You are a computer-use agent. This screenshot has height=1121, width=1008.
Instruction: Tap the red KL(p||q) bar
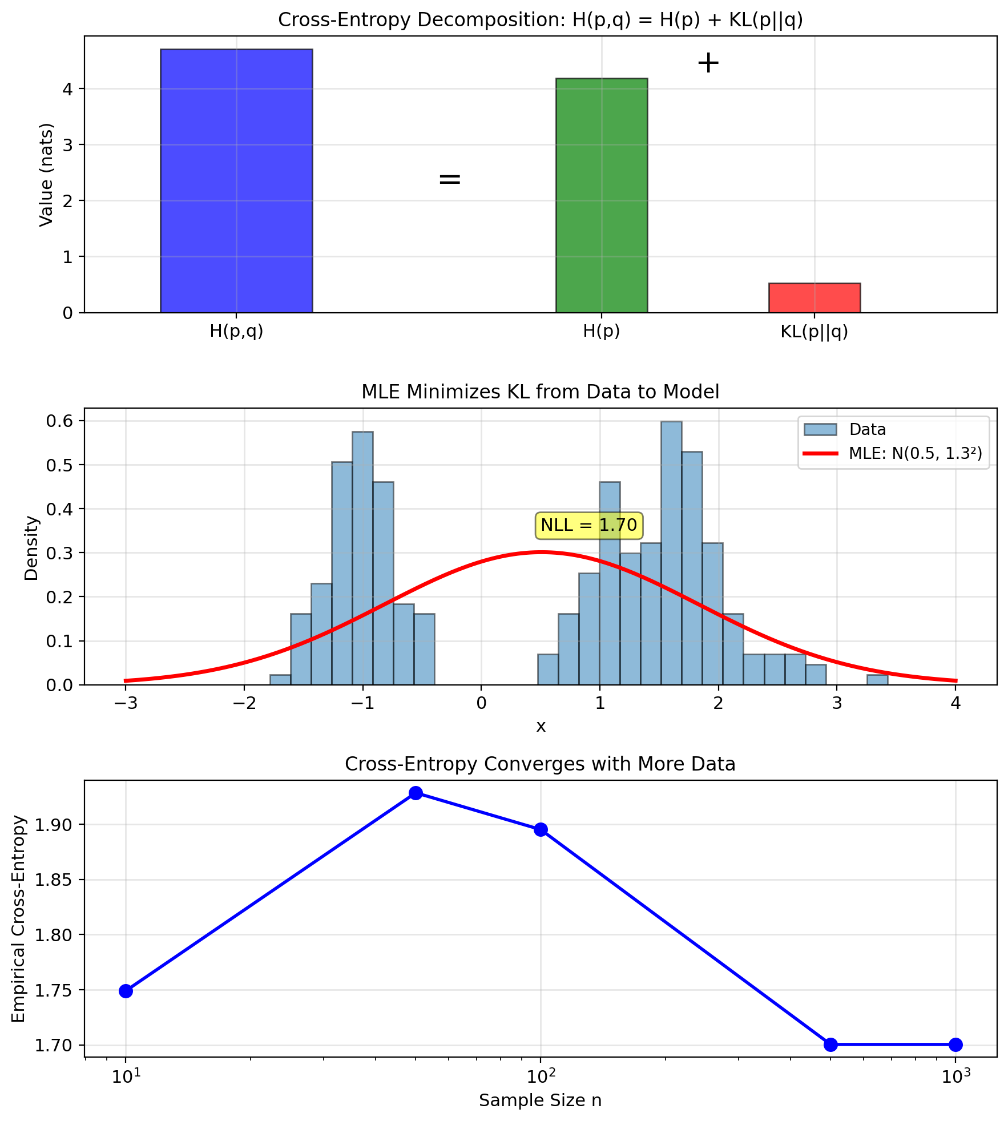click(814, 298)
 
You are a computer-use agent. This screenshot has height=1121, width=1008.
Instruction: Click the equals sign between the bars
click(450, 179)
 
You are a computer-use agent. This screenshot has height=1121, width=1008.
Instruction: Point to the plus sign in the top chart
click(708, 63)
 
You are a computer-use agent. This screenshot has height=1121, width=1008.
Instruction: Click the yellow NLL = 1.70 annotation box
click(589, 525)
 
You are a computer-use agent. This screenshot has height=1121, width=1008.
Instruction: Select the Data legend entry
click(845, 429)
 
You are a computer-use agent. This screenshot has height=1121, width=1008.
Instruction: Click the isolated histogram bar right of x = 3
click(877, 680)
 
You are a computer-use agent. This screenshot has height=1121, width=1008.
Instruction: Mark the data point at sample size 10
click(126, 991)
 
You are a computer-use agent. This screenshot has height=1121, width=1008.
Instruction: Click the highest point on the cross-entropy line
click(416, 793)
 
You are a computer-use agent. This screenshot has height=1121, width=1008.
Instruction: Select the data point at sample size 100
click(541, 829)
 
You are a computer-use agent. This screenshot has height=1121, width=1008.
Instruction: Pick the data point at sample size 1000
click(955, 1045)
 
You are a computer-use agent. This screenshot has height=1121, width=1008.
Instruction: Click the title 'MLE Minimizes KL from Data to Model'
click(540, 392)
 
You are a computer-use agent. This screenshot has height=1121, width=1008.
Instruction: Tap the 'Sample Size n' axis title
click(540, 1100)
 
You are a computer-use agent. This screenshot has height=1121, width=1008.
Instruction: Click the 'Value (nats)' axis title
click(46, 175)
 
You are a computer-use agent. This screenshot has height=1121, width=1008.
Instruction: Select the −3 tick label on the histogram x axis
click(126, 703)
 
